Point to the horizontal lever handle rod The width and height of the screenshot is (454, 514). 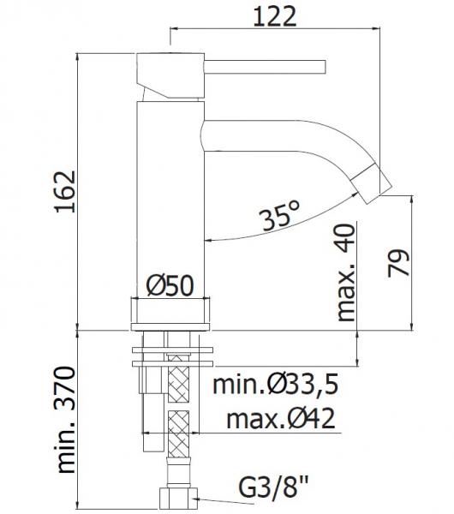click(x=266, y=65)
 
